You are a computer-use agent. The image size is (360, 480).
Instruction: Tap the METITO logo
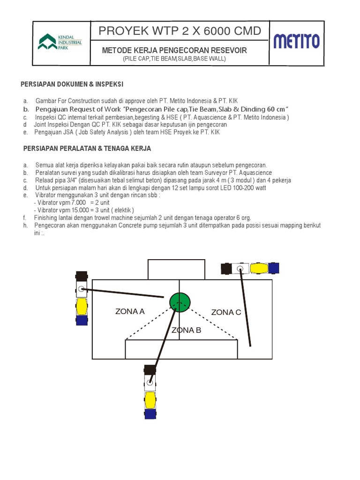point(296,41)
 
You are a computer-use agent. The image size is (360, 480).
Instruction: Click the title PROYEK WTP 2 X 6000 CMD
point(180,31)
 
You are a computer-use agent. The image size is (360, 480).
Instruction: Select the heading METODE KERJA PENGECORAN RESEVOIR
point(174,50)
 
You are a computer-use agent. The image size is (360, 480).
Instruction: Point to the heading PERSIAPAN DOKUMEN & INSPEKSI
point(72,84)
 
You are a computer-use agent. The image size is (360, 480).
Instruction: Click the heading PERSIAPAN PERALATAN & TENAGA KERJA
point(87,149)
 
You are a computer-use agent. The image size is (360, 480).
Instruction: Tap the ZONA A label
point(130,311)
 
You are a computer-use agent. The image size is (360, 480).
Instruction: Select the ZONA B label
point(186,330)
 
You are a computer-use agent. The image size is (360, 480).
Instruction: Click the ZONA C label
point(226,312)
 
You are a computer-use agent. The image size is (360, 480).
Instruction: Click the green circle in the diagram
point(180,301)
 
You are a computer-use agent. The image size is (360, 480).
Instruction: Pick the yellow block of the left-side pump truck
point(82,307)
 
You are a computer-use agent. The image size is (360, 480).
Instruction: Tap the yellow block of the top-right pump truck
point(259,268)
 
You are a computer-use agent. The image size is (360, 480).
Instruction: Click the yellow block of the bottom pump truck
point(150,400)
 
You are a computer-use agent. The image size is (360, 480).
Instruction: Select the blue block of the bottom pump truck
point(150,414)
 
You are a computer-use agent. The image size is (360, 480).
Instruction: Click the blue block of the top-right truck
point(273,268)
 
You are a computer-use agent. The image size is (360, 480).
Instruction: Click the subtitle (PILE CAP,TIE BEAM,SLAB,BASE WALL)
point(174,59)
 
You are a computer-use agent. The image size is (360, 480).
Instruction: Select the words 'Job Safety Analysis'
point(94,132)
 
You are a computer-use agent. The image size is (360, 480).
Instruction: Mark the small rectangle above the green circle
point(176,269)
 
